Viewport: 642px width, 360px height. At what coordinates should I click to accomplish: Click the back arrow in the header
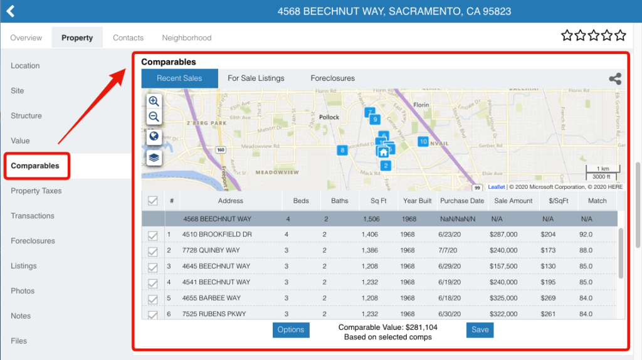click(10, 11)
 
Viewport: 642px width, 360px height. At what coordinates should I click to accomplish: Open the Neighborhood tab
click(186, 38)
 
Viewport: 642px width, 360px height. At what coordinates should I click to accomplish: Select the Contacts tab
click(128, 38)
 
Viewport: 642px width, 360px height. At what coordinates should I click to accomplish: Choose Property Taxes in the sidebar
click(36, 191)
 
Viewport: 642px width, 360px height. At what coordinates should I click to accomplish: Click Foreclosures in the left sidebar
click(33, 241)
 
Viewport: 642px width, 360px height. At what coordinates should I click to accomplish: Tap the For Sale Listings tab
click(256, 78)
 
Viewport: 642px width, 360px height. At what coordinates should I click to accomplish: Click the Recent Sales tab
click(179, 78)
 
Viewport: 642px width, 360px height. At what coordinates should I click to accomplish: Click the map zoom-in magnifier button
click(154, 102)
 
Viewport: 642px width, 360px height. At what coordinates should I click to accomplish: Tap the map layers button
click(154, 157)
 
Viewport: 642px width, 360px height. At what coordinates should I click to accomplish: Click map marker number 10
click(423, 142)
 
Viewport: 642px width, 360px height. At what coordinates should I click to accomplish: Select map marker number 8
click(342, 150)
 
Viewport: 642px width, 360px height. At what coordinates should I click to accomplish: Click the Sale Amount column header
click(513, 201)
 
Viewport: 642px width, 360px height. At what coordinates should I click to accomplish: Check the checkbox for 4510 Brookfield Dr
click(152, 235)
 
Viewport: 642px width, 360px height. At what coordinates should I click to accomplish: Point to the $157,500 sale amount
click(503, 266)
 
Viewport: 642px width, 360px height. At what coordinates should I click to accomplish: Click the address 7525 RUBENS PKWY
click(214, 314)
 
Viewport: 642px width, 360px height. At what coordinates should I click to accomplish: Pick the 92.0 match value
click(586, 234)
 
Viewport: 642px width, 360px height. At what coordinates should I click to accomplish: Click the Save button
click(480, 329)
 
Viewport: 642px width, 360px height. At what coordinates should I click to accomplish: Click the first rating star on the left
click(567, 35)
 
